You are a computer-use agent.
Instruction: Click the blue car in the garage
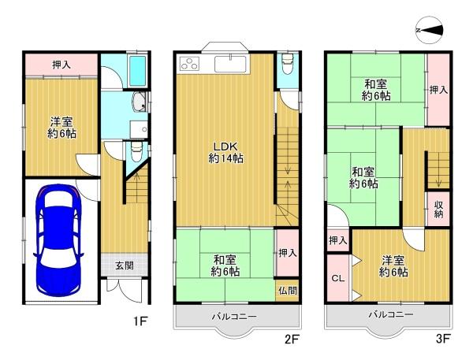[58, 240]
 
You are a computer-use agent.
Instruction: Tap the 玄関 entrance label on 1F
[125, 265]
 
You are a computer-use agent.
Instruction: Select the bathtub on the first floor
[137, 71]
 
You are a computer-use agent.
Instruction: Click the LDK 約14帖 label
[226, 152]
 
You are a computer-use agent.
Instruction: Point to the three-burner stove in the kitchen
[190, 64]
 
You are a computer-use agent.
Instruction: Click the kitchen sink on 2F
[230, 63]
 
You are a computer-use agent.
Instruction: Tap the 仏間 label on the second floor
[288, 291]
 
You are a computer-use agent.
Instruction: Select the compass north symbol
[430, 30]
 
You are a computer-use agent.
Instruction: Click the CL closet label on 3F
[338, 278]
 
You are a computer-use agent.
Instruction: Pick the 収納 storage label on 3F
[438, 209]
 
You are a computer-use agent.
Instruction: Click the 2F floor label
[292, 340]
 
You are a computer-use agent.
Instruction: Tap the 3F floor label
[443, 339]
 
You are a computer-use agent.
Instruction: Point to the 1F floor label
[140, 321]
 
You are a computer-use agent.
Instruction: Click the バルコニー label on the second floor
[234, 317]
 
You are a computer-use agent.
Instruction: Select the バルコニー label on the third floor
[391, 315]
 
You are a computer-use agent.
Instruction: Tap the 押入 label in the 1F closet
[61, 65]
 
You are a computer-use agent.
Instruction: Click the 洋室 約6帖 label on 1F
[61, 128]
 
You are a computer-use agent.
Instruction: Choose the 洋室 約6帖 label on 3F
[393, 266]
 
